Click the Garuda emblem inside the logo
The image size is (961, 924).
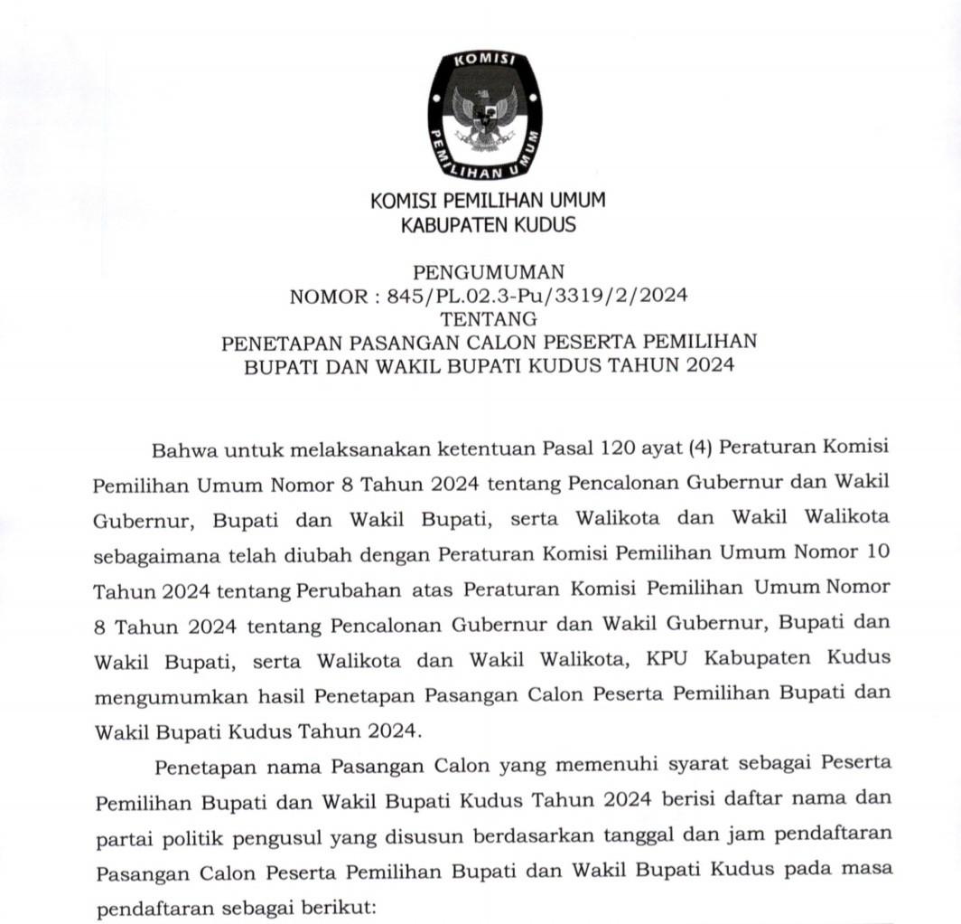point(485,119)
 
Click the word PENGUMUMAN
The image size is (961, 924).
point(488,272)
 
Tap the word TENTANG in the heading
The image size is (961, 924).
point(488,319)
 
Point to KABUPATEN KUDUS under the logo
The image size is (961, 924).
point(488,224)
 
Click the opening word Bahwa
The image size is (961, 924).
point(183,448)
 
